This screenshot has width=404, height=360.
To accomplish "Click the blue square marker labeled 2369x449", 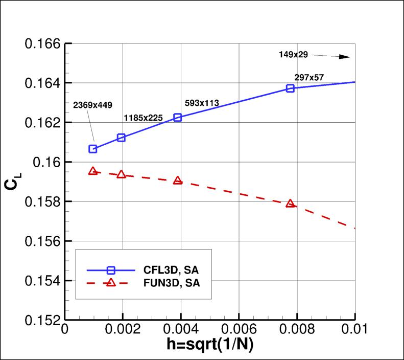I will coord(93,149).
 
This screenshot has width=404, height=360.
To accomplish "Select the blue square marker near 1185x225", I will coord(122,138).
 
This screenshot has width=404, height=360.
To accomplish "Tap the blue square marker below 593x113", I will coord(178,117).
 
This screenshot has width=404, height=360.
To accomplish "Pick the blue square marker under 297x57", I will coord(291,88).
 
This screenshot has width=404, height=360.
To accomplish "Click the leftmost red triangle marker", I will coord(93,171).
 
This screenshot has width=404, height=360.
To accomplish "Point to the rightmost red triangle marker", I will coord(291,204).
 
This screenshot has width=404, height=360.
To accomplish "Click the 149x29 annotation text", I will coord(293,54).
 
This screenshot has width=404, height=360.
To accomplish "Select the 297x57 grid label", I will coord(309,77).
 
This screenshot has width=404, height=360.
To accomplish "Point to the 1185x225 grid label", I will coord(143,118).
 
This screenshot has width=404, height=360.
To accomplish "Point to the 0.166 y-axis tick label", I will coord(43,43).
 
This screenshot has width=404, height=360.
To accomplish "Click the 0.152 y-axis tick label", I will coord(43,320).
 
